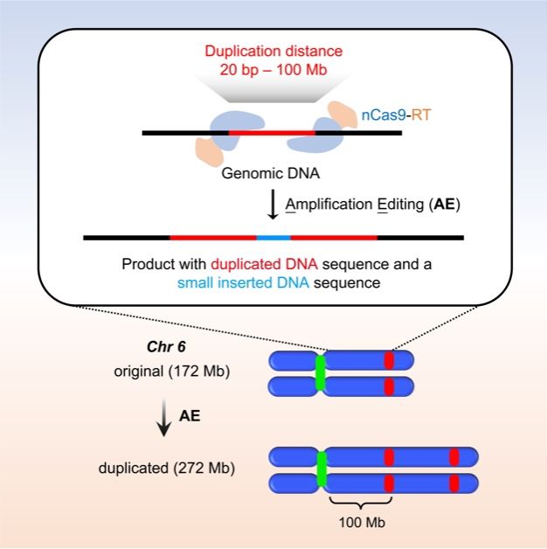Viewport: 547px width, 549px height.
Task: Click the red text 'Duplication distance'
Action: [x=272, y=52]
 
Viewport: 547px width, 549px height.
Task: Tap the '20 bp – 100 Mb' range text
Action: [x=272, y=70]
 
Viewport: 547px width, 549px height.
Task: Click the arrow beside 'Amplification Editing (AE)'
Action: [x=272, y=205]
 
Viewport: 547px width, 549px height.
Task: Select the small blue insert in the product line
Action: [x=273, y=237]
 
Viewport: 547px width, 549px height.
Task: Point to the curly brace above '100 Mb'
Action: [x=361, y=502]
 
